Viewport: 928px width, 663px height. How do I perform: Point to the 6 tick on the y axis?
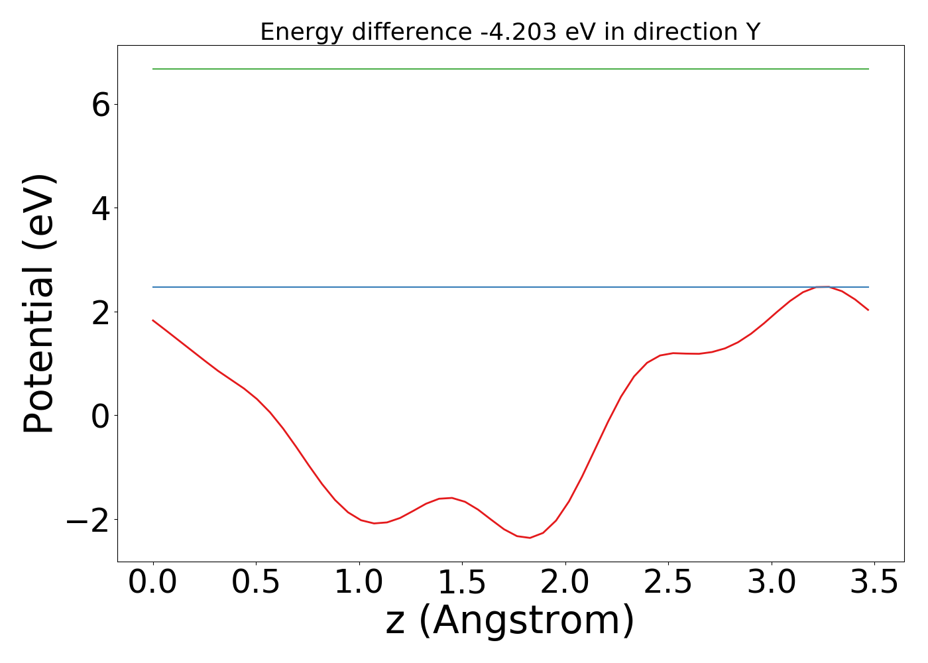(101, 105)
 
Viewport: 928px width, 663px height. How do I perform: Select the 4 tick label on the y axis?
(101, 208)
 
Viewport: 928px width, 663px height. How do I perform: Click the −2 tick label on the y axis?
(87, 520)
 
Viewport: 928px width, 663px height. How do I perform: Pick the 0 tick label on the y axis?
(101, 416)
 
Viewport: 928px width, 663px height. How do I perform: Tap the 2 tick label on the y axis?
(101, 312)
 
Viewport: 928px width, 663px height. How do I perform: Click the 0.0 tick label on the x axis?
(153, 582)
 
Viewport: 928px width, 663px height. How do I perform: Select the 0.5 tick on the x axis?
(256, 582)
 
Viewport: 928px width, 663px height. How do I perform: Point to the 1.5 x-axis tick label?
(462, 582)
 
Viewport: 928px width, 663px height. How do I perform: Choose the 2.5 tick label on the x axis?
(668, 582)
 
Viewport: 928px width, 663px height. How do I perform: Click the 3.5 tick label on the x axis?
(874, 582)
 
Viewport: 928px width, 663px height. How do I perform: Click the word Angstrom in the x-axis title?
(527, 621)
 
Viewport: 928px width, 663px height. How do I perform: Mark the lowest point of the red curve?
(529, 538)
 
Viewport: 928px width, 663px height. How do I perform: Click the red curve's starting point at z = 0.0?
(153, 320)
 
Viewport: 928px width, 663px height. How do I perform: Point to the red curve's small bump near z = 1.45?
(451, 497)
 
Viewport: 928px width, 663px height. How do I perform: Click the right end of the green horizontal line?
(868, 69)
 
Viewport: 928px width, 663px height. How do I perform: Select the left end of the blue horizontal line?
(153, 287)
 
